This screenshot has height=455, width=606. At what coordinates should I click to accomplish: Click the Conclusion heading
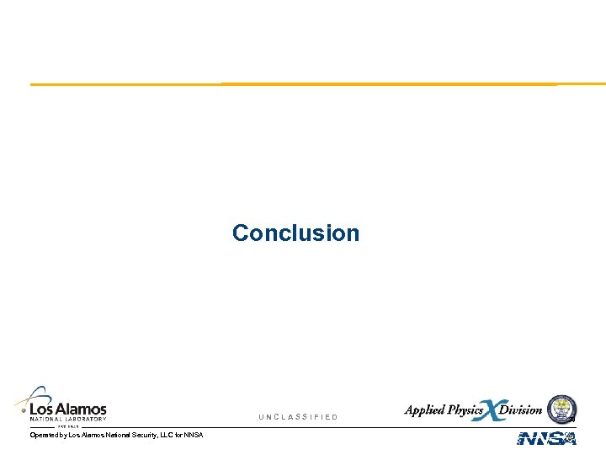pyautogui.click(x=295, y=233)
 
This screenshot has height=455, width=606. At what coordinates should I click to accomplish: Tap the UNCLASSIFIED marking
pyautogui.click(x=298, y=417)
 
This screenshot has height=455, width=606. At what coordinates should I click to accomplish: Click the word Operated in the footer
pyautogui.click(x=44, y=435)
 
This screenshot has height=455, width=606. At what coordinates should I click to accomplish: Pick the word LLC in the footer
pyautogui.click(x=169, y=435)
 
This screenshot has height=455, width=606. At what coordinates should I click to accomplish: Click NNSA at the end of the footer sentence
pyautogui.click(x=194, y=435)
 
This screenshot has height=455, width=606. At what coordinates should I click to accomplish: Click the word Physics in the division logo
pyautogui.click(x=465, y=410)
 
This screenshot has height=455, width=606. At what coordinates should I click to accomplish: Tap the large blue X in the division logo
pyautogui.click(x=490, y=410)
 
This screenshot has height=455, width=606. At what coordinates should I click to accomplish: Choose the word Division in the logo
pyautogui.click(x=521, y=410)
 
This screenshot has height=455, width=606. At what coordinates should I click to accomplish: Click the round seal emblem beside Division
pyautogui.click(x=561, y=409)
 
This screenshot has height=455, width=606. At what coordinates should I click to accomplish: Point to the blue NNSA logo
pyautogui.click(x=546, y=438)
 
